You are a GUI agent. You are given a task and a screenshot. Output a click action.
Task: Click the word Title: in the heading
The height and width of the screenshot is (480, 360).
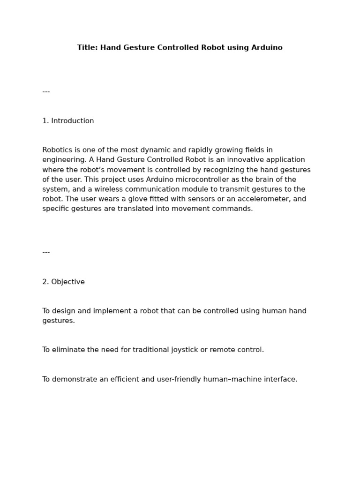(88, 48)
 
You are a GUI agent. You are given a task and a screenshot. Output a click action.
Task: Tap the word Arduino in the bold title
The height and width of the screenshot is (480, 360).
(267, 48)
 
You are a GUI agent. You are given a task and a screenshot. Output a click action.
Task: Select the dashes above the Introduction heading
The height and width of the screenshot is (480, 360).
(46, 91)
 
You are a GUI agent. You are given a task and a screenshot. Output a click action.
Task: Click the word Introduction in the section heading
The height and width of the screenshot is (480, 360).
(73, 121)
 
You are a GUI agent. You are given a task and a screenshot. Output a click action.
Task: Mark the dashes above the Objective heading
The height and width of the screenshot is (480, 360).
(46, 252)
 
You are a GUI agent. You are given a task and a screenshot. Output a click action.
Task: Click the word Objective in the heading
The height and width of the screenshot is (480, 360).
(68, 282)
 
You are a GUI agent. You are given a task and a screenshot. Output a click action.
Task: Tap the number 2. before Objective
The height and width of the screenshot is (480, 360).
(45, 282)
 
